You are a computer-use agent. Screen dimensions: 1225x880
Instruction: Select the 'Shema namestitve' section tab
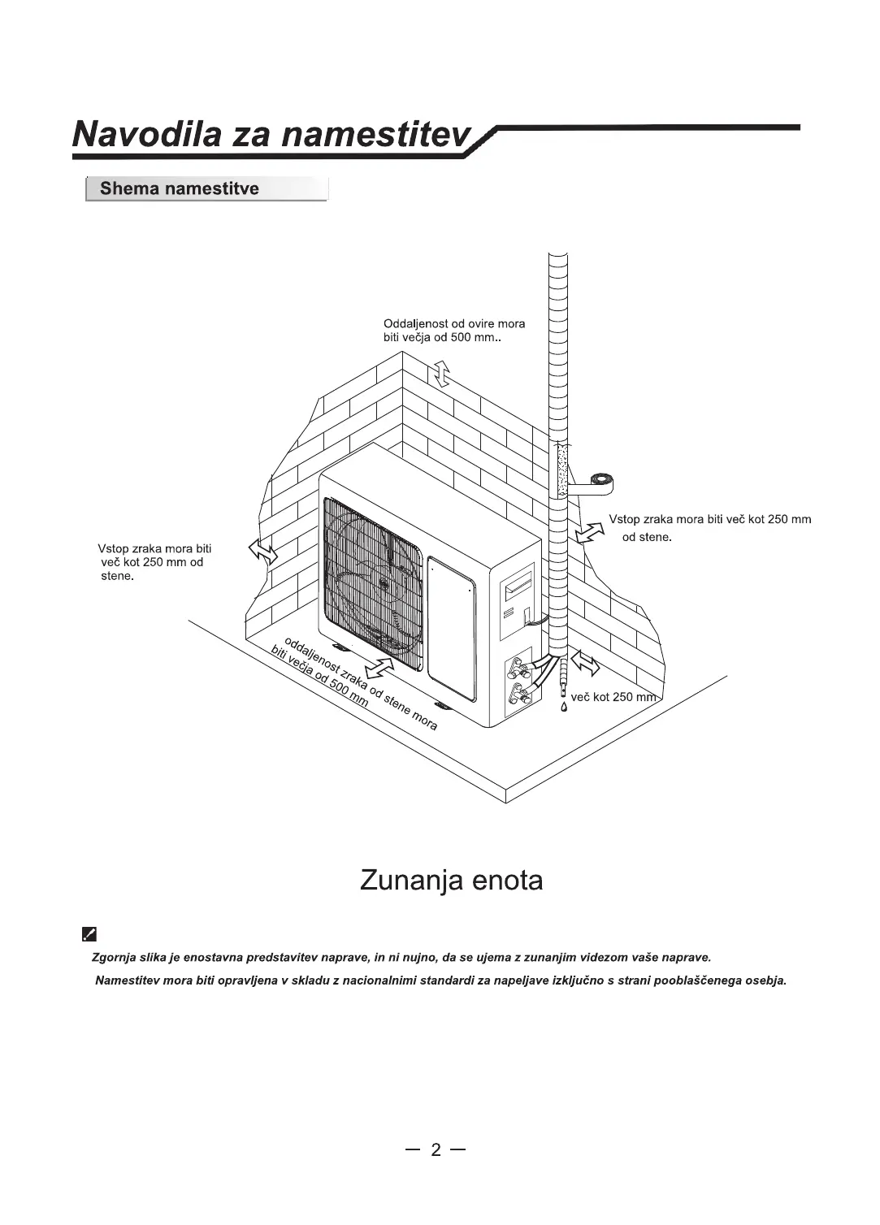pyautogui.click(x=180, y=189)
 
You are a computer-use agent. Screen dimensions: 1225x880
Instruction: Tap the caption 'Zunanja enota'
pyautogui.click(x=451, y=880)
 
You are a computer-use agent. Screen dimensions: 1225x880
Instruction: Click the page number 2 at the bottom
pyautogui.click(x=436, y=1149)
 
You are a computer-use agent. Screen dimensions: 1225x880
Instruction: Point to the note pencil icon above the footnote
pyautogui.click(x=89, y=934)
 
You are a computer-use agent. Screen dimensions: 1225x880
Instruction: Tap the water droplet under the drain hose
pyautogui.click(x=563, y=706)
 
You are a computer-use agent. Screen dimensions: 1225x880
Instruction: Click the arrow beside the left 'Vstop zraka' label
pyautogui.click(x=262, y=552)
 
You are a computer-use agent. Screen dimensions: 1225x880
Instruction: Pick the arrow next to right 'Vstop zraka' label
pyautogui.click(x=590, y=532)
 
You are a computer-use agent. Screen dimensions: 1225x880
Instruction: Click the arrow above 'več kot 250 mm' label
pyautogui.click(x=585, y=664)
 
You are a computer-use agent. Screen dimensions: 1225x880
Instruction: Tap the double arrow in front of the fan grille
pyautogui.click(x=379, y=667)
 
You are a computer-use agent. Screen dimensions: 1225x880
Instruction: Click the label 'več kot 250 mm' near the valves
pyautogui.click(x=613, y=697)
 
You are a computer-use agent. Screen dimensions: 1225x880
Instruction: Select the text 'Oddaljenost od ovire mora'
pyautogui.click(x=454, y=323)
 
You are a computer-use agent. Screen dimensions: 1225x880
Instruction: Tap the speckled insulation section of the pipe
pyautogui.click(x=560, y=470)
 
